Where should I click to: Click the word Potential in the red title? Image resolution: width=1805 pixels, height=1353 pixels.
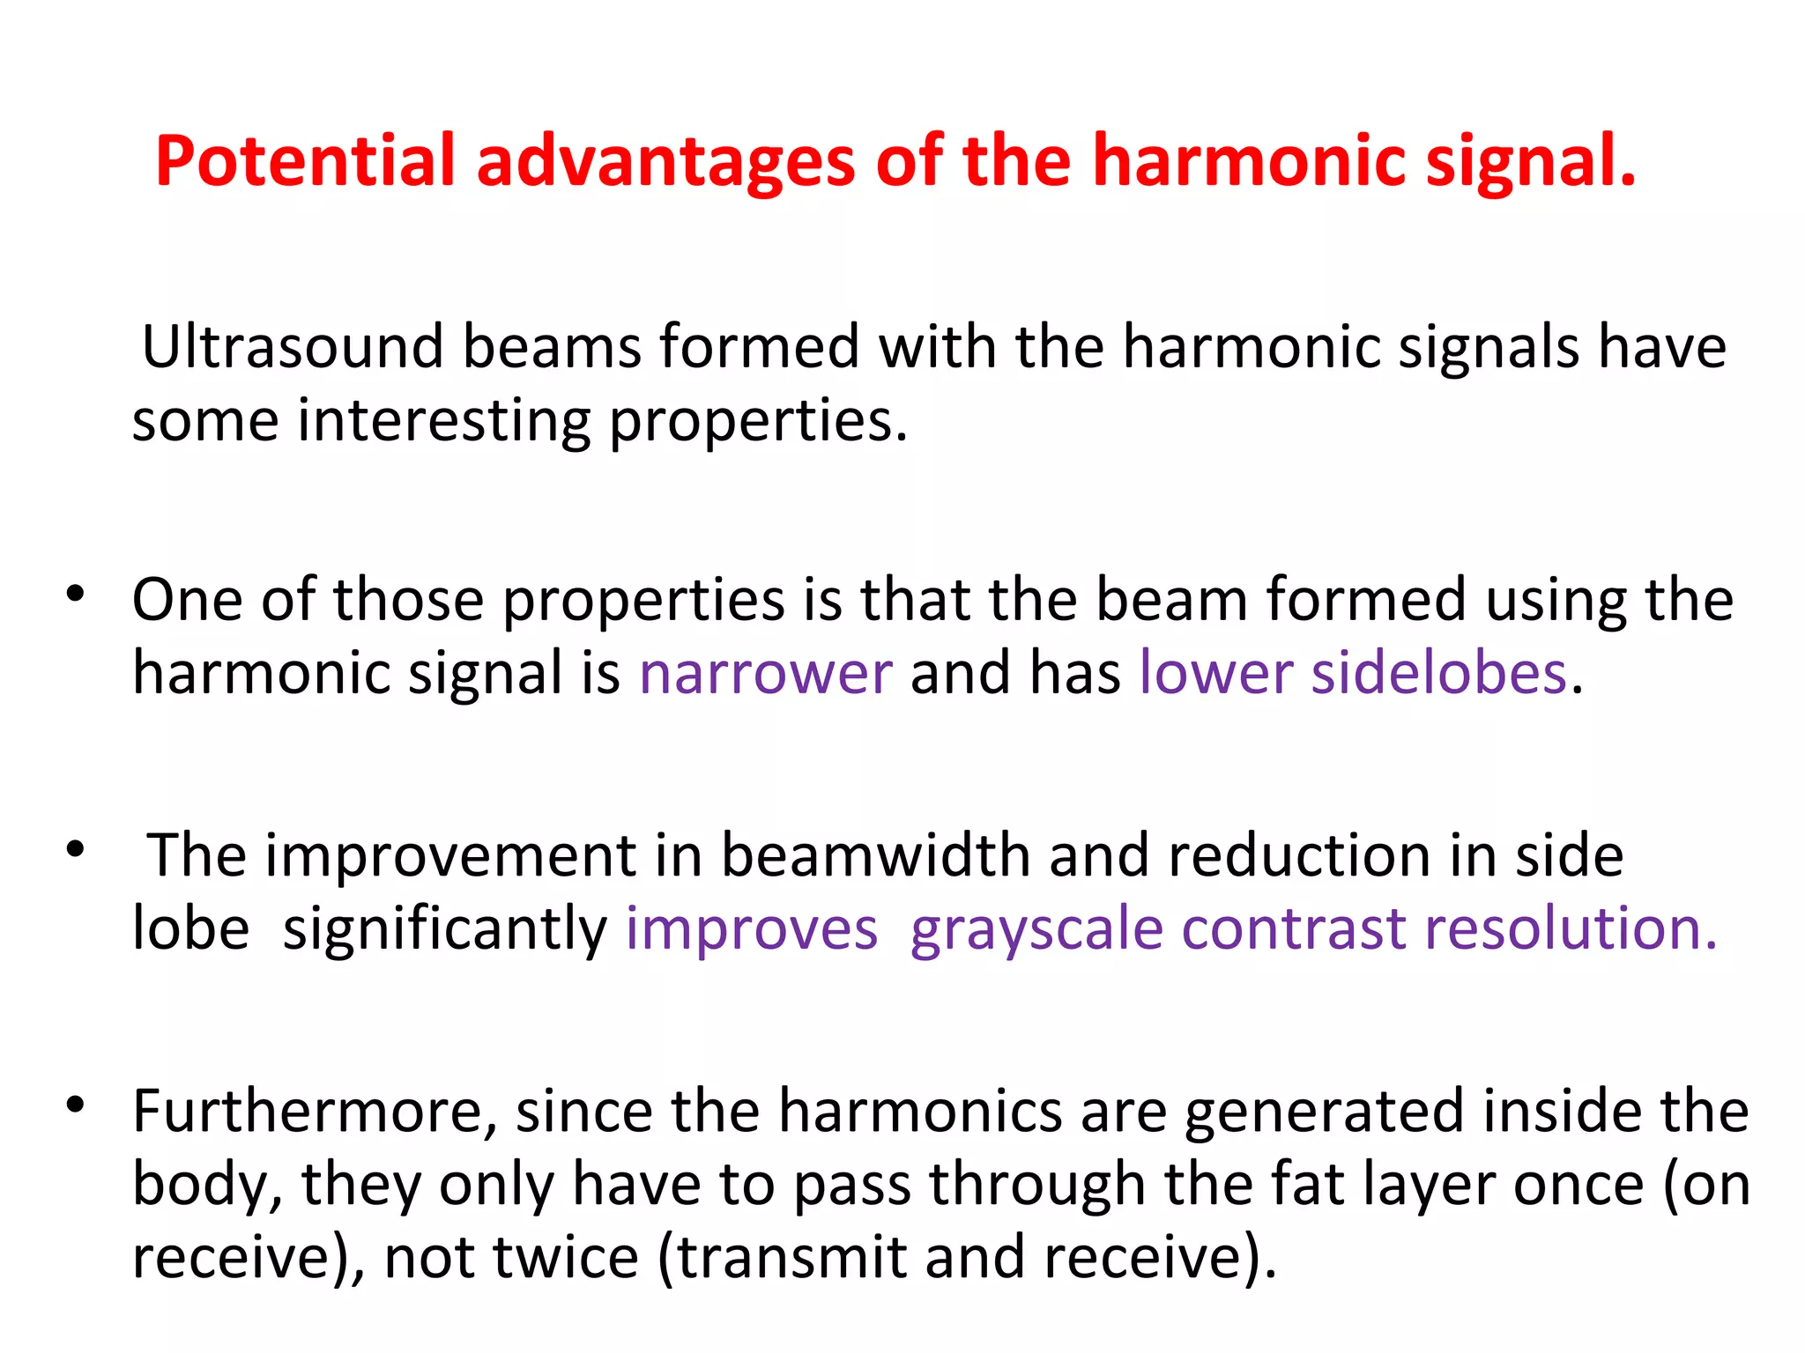coord(305,161)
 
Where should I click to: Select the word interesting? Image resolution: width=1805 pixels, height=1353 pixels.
coord(443,421)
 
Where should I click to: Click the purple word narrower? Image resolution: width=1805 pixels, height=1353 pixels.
coord(766,674)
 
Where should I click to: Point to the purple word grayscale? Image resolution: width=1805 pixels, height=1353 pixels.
coord(1036,930)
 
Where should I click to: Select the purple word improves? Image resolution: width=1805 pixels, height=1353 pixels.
coord(752,930)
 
